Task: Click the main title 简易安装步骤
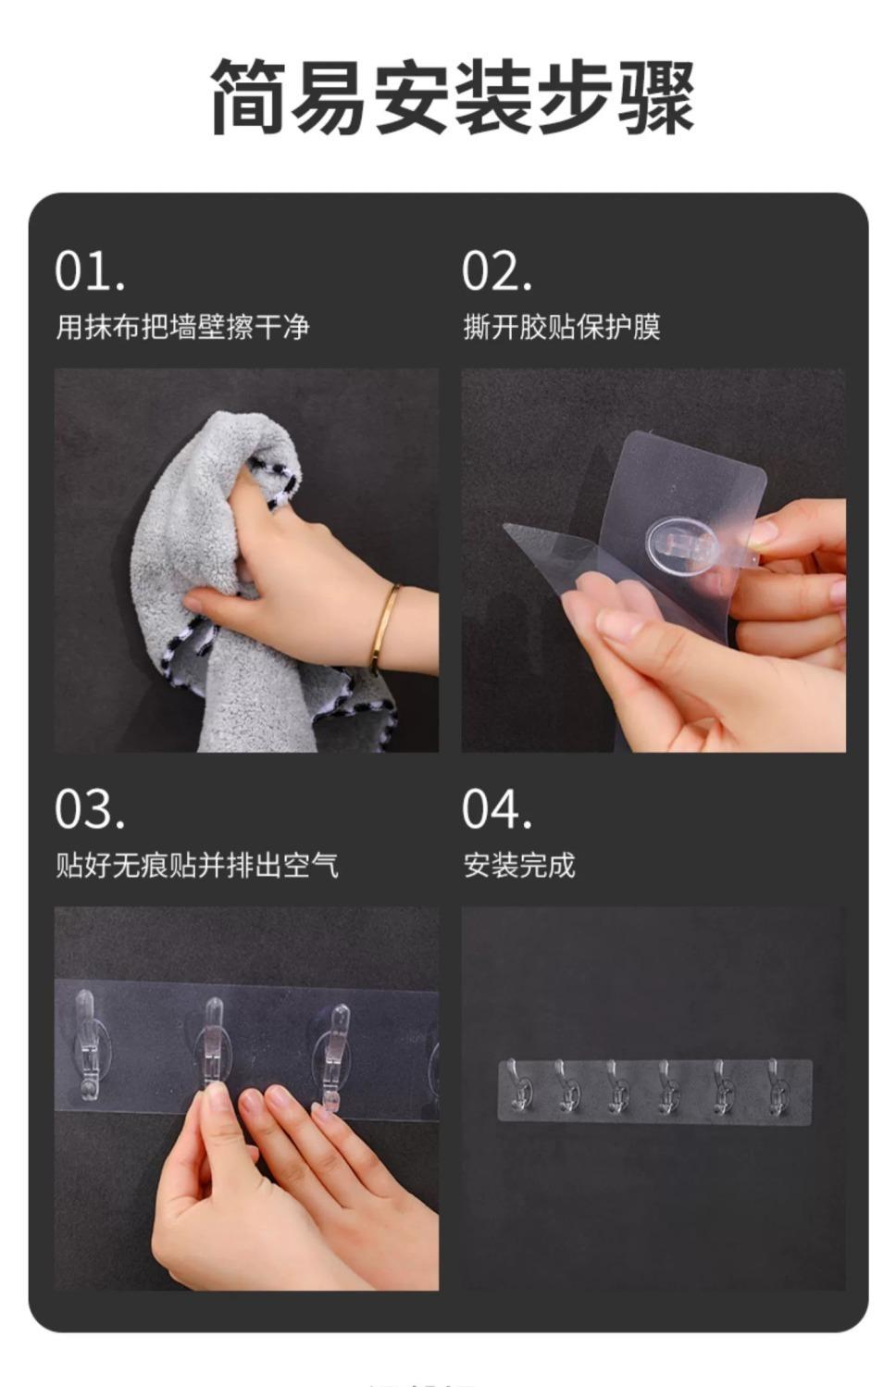click(x=452, y=96)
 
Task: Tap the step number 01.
click(x=90, y=271)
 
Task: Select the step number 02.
click(x=497, y=271)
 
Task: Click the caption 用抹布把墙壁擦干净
click(x=182, y=326)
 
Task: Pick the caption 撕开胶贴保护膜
click(x=562, y=326)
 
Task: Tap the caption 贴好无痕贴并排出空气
click(x=197, y=865)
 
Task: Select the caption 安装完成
click(x=519, y=865)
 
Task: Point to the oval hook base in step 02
click(x=682, y=544)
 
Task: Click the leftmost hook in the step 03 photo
click(x=87, y=1044)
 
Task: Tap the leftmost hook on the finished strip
click(x=518, y=1083)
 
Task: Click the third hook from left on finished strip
click(x=618, y=1085)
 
